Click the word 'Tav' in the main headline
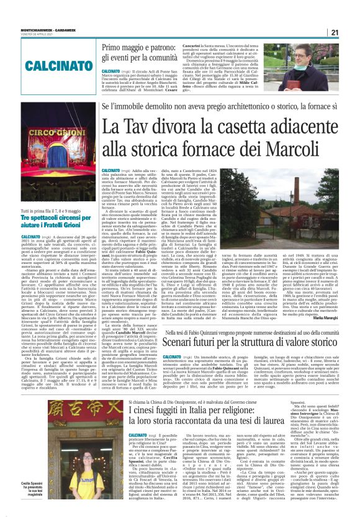pos(138,127)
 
